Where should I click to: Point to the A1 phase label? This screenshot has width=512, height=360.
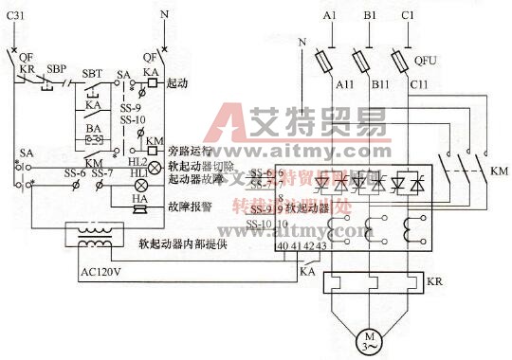click(329, 17)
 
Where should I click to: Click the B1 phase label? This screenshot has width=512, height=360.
click(369, 17)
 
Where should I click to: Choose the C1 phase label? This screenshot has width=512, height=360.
click(408, 17)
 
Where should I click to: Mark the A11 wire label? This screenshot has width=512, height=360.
click(345, 84)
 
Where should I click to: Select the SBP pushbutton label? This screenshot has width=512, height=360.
click(57, 69)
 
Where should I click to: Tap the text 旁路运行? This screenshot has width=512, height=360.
click(187, 151)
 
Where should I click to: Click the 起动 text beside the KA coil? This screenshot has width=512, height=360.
click(176, 83)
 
